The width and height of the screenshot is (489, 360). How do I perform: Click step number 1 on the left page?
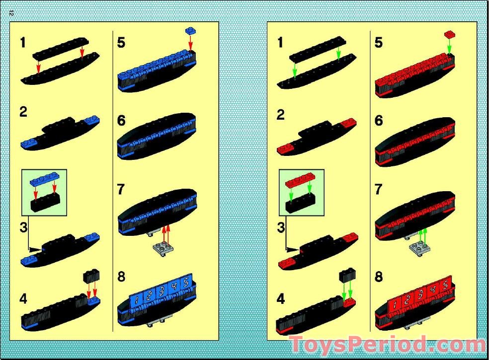coord(23,43)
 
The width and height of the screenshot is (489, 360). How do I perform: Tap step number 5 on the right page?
coord(379,43)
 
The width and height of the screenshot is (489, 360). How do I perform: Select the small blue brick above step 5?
coord(190,31)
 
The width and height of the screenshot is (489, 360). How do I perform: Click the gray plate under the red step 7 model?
coord(419,247)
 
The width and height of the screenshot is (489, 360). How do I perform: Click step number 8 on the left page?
coord(122,277)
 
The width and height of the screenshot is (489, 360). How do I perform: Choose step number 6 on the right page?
coord(379,121)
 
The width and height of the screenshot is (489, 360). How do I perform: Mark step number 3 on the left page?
coord(23,229)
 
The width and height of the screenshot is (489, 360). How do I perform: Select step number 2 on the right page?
coord(281,114)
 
